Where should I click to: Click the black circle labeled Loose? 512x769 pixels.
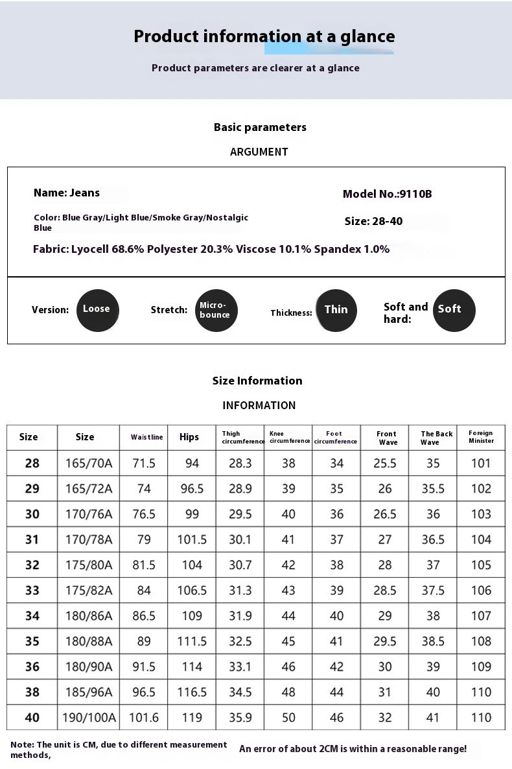[x=97, y=310]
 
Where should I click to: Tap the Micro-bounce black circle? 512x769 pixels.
[x=216, y=311]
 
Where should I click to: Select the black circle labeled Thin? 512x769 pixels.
[x=336, y=310]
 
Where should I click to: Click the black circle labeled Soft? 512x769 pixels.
[x=454, y=310]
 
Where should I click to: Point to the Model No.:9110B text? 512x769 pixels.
[x=387, y=194]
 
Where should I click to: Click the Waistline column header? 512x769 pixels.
[x=146, y=437]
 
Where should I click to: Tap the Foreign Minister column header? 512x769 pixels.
[x=481, y=437]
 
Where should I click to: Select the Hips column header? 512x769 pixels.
[x=189, y=437]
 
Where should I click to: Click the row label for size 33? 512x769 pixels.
[x=32, y=590]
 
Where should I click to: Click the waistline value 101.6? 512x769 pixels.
[x=144, y=717]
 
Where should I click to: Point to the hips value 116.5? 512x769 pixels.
[x=192, y=692]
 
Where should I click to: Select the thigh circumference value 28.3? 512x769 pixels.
[x=240, y=463]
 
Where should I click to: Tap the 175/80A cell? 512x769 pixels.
[x=89, y=565]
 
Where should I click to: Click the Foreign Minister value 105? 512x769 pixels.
[x=481, y=565]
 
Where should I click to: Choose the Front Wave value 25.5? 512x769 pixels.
[x=385, y=463]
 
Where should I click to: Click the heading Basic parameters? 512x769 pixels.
[x=260, y=127]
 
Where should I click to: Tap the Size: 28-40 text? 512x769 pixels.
[x=373, y=221]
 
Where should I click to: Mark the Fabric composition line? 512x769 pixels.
[x=211, y=249]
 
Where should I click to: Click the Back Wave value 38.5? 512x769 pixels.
[x=433, y=641]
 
